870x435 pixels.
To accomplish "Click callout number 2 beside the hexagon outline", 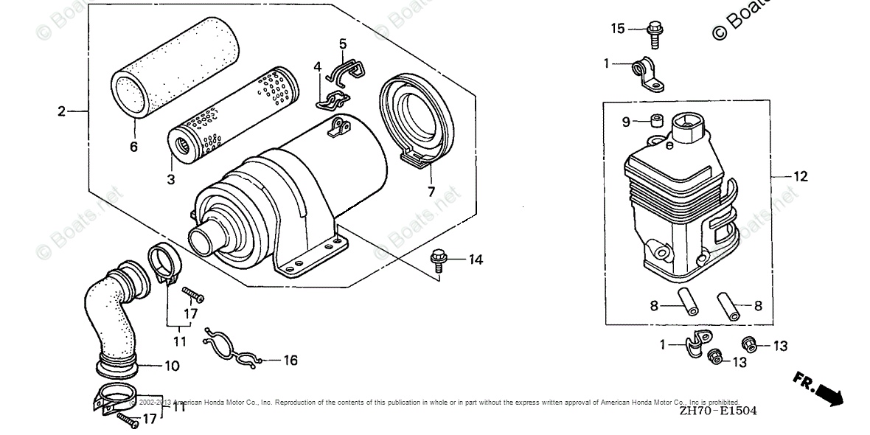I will (62, 112).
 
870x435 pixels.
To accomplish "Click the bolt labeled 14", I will (438, 259).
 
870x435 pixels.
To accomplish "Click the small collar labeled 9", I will (654, 121).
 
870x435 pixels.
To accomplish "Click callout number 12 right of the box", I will (801, 177).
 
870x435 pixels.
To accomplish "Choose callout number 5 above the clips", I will (343, 44).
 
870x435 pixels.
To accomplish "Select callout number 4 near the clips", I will (317, 67).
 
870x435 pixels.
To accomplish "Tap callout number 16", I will (290, 361).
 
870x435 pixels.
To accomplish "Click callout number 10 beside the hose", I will (172, 366).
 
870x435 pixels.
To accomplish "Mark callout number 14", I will (476, 260).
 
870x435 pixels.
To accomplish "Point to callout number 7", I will (431, 192).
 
